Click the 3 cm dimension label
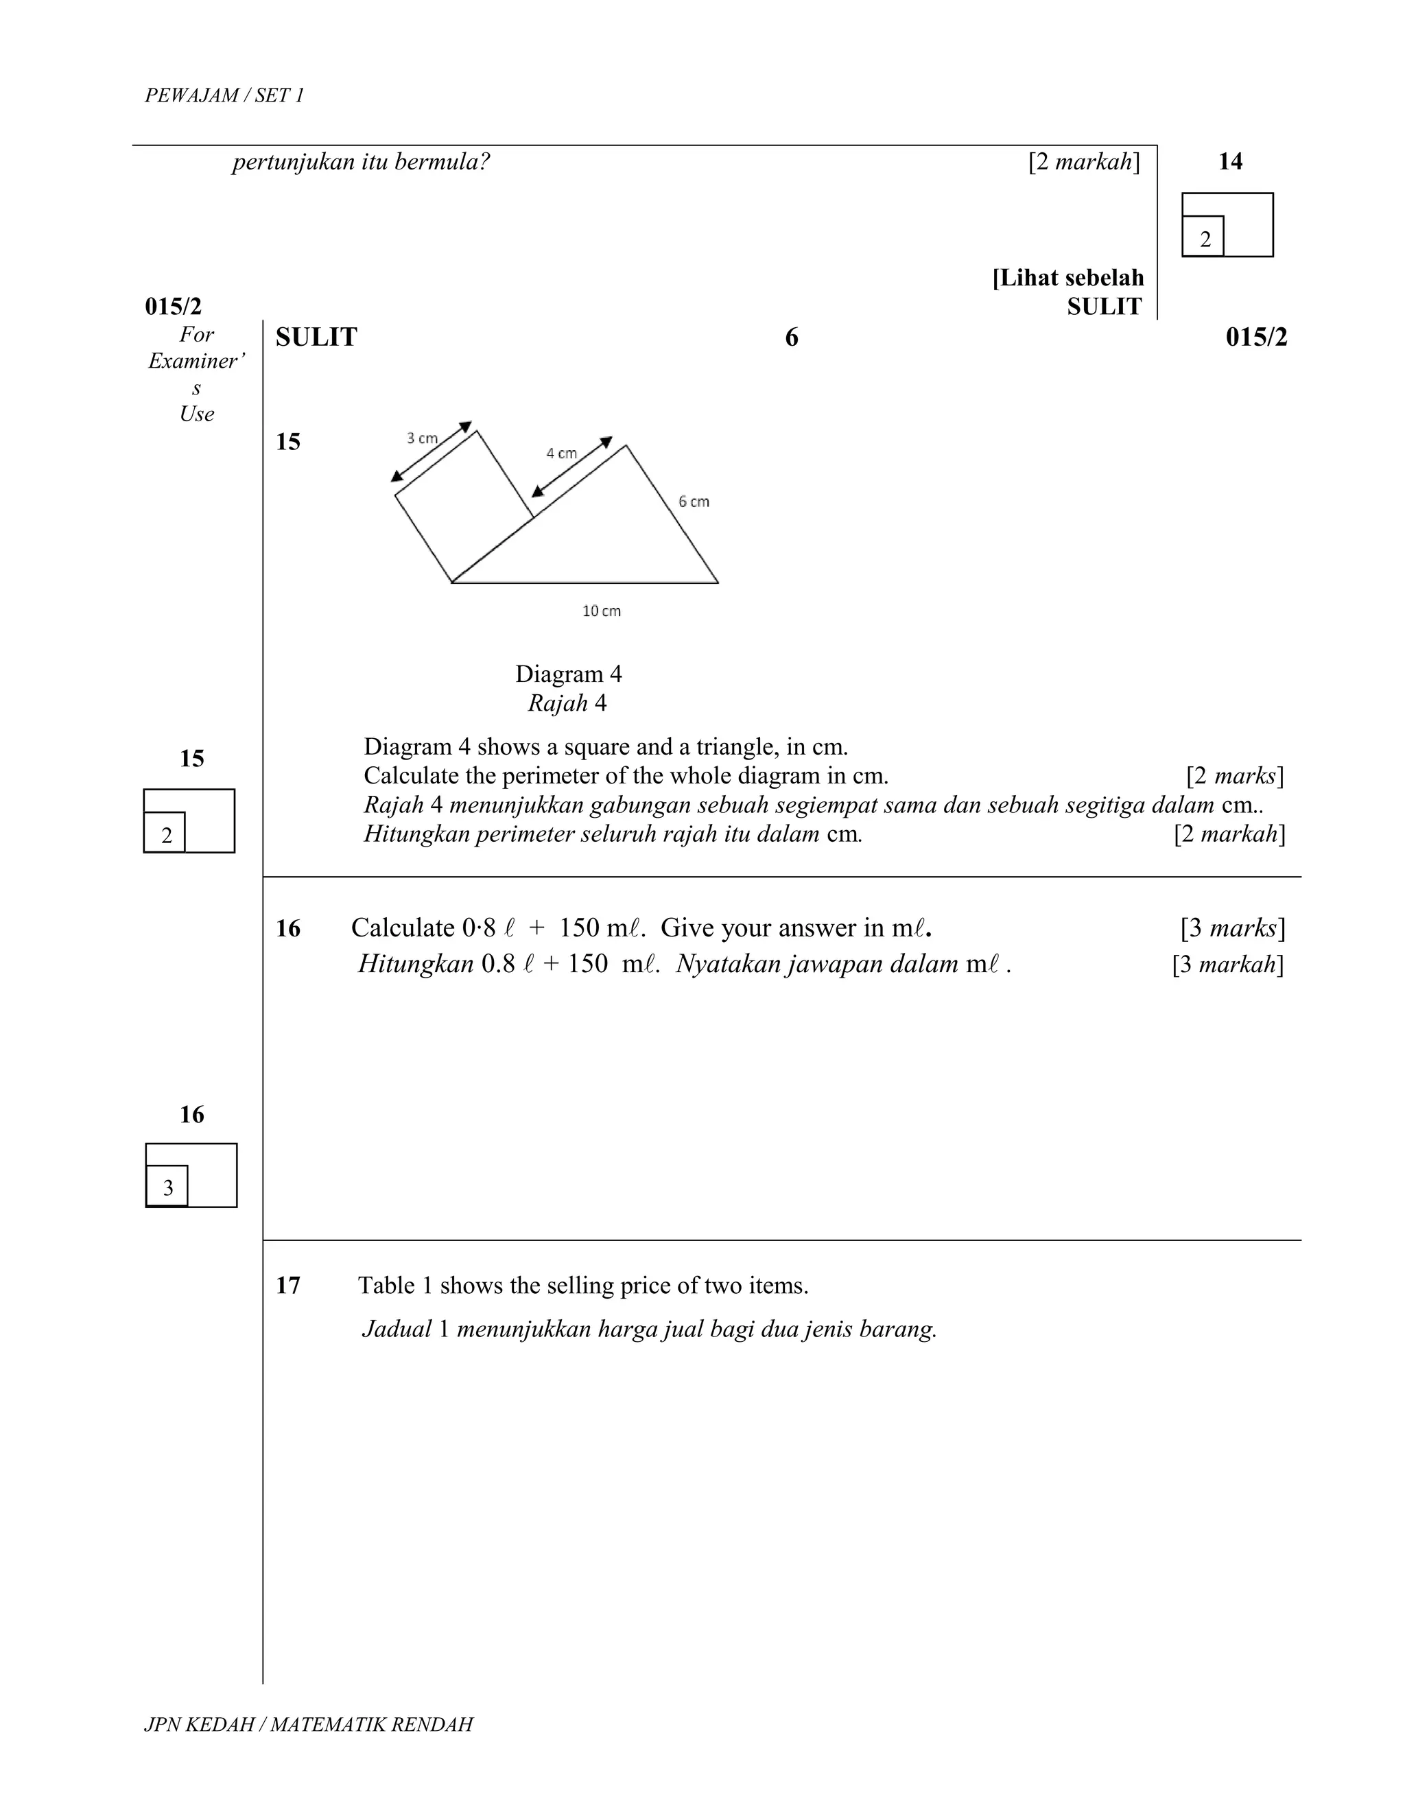point(422,438)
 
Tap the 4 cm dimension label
point(561,453)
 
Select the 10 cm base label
point(601,611)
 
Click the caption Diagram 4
point(569,674)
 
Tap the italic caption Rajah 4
point(567,703)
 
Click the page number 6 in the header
point(791,337)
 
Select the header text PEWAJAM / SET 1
point(224,96)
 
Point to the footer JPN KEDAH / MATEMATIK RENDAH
point(308,1724)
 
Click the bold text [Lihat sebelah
point(1068,278)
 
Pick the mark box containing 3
point(167,1187)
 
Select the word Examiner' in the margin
point(196,362)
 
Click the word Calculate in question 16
point(402,928)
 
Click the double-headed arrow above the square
point(431,452)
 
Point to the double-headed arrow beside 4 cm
point(572,466)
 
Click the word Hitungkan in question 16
point(415,964)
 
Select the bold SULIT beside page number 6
point(316,337)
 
